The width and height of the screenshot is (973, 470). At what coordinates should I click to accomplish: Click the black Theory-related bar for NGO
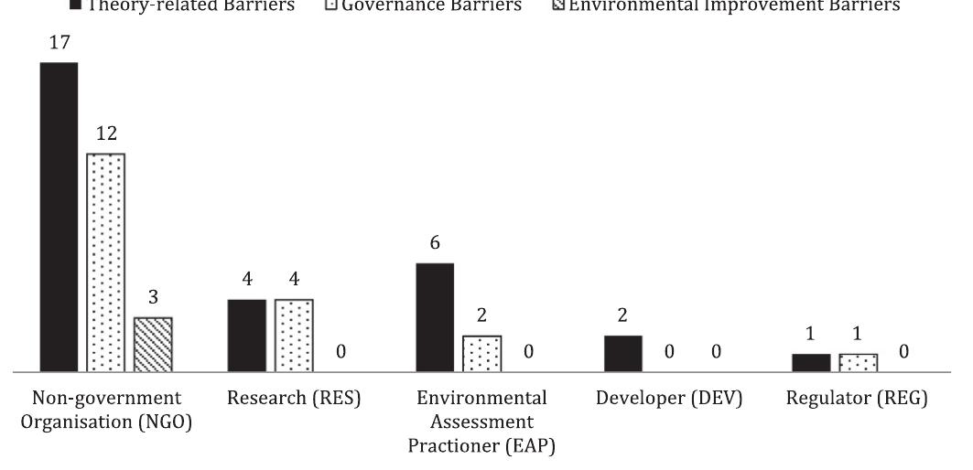click(59, 218)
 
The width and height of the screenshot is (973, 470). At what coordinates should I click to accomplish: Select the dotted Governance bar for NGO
click(106, 262)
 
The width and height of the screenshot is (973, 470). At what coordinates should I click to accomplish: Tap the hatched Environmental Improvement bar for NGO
click(153, 345)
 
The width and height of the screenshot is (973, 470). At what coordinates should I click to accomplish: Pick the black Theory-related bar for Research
click(247, 336)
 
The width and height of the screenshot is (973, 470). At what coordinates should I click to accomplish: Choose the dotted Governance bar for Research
click(294, 336)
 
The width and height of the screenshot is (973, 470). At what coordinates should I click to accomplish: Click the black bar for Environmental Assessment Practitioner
click(435, 317)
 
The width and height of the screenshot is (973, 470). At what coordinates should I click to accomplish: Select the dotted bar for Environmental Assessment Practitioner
click(481, 354)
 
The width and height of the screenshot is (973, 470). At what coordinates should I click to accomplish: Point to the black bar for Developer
click(623, 354)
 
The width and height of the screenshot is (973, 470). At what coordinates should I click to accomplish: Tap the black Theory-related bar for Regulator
click(811, 362)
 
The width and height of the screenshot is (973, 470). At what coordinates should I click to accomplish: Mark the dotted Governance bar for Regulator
click(858, 362)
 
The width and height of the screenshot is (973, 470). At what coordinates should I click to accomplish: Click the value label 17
click(59, 43)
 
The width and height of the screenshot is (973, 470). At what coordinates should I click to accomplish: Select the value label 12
click(106, 134)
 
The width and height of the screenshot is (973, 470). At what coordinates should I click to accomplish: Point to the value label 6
click(435, 244)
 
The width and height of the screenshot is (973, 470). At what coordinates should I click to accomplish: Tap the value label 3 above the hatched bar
click(153, 298)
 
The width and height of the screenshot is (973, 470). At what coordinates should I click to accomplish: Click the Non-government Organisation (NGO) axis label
click(106, 411)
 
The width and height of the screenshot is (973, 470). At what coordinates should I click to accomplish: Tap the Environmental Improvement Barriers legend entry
click(732, 7)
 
